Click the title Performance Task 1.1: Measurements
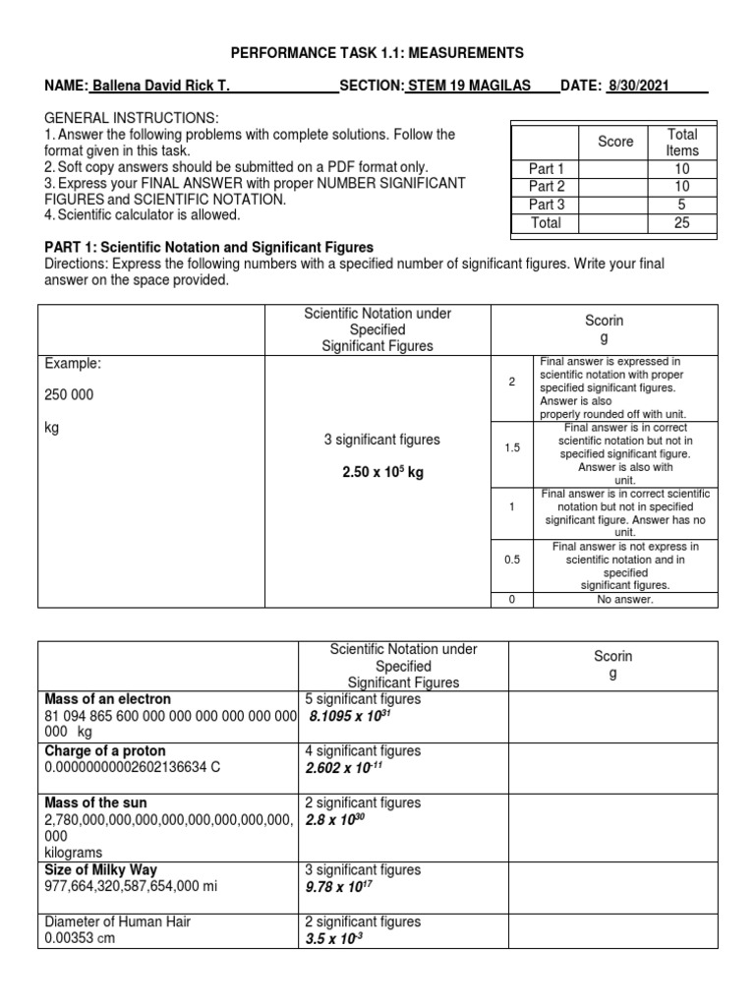point(377,52)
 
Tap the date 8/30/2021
point(639,87)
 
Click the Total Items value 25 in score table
point(681,223)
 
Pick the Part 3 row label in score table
point(547,205)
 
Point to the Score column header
point(615,142)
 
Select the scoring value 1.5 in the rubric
point(511,447)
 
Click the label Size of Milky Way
point(101,870)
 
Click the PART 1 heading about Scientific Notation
point(208,247)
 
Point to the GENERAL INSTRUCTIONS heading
point(127,117)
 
